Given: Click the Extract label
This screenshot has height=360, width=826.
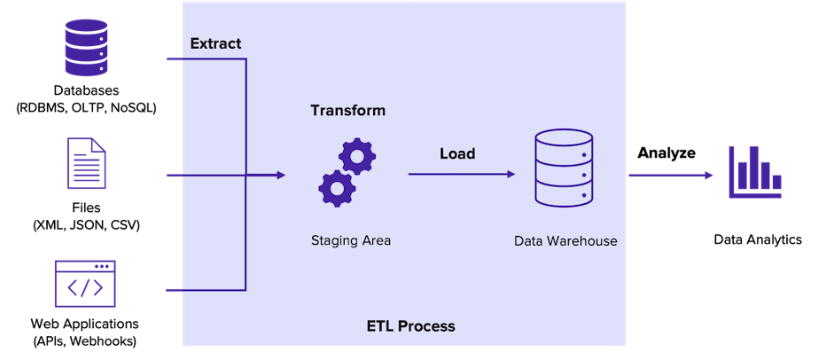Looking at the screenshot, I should pyautogui.click(x=215, y=43).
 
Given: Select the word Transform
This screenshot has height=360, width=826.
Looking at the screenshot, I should pyautogui.click(x=347, y=111).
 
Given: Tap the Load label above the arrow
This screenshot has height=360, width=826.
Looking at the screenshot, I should pyautogui.click(x=457, y=153).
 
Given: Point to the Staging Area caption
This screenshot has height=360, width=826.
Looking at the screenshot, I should pyautogui.click(x=351, y=239).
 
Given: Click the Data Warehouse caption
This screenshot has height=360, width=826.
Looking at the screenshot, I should pyautogui.click(x=565, y=240).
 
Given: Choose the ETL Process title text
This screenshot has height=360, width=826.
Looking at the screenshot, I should pyautogui.click(x=410, y=326).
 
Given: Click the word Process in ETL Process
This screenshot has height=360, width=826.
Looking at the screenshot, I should pyautogui.click(x=426, y=326).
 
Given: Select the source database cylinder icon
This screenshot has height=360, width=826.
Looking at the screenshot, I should pyautogui.click(x=86, y=49).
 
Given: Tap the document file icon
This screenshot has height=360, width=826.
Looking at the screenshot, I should pyautogui.click(x=86, y=164).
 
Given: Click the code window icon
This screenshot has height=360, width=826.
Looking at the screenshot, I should pyautogui.click(x=85, y=284).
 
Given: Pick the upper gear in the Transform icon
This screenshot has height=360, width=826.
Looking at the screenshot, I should pyautogui.click(x=357, y=156).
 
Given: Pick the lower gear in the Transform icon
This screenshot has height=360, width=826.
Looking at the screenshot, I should pyautogui.click(x=337, y=188).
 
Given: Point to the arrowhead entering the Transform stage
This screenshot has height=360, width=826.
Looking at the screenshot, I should pyautogui.click(x=281, y=176).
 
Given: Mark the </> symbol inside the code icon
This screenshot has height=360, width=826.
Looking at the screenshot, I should pyautogui.click(x=85, y=289).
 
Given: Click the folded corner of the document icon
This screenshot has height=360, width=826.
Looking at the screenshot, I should pyautogui.click(x=100, y=145).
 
